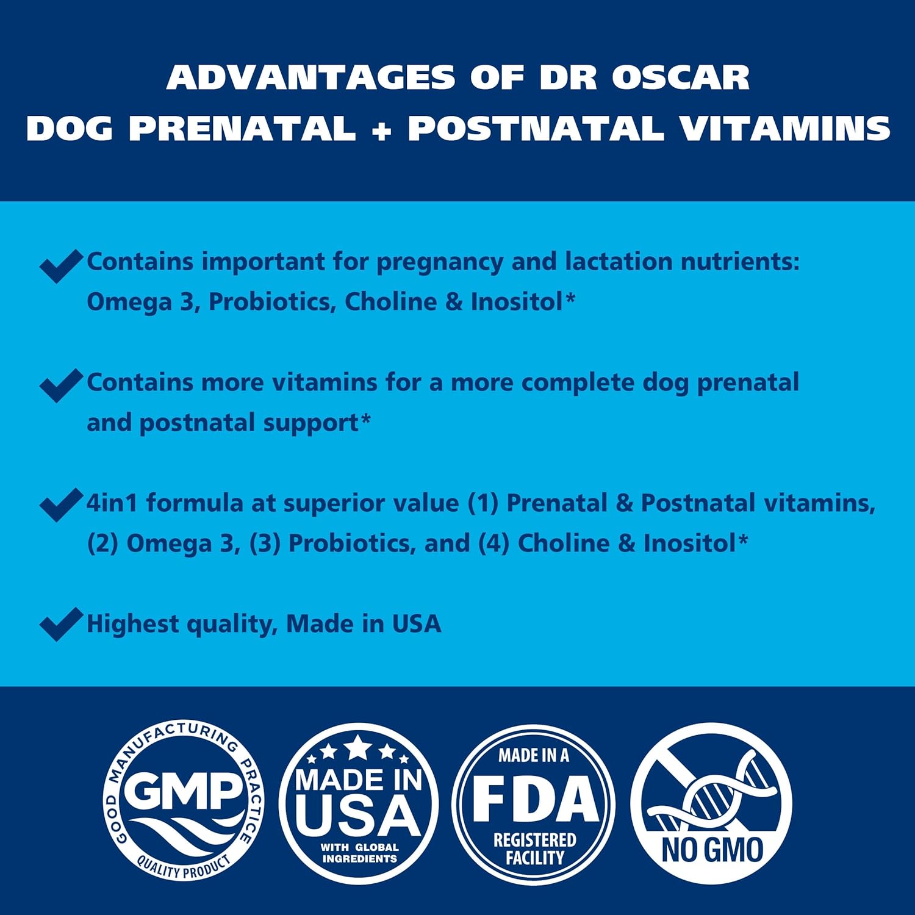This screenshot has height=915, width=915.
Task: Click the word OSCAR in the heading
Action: tap(681, 77)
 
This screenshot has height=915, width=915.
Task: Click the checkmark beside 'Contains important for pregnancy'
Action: tap(60, 265)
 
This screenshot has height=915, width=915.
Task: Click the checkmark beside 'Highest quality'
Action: tap(60, 624)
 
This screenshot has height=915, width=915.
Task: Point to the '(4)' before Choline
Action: tap(493, 544)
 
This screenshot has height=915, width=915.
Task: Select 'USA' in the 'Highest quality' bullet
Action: tap(416, 624)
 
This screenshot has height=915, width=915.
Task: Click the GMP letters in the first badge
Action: tap(183, 792)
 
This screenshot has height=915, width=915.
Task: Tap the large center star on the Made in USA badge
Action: tap(358, 747)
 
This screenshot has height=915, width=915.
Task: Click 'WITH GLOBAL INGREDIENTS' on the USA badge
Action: tap(359, 853)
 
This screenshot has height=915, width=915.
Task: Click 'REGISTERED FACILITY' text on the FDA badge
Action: tap(534, 849)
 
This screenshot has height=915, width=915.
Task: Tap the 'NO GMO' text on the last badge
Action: tap(712, 850)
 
